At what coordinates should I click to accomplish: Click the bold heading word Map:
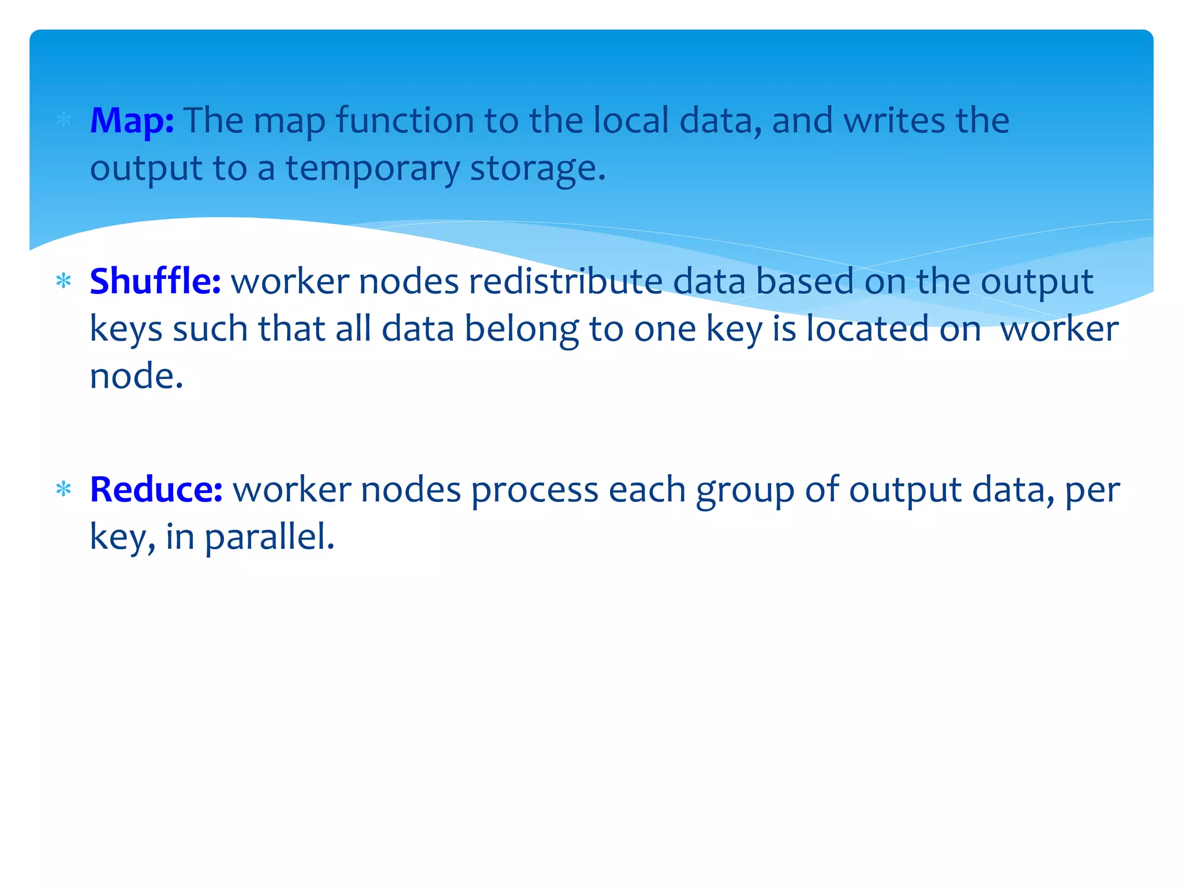point(132,122)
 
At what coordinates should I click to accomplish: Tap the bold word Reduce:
point(156,490)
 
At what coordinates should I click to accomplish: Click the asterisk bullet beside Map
point(63,121)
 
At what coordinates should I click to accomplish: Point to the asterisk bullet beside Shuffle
point(63,282)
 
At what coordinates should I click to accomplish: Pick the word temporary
point(372,169)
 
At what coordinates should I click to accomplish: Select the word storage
point(537,169)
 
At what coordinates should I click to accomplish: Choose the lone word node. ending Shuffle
point(137,377)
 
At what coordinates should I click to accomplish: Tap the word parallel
point(269,538)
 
